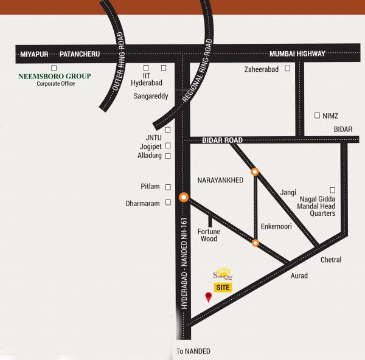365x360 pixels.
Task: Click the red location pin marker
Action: pos(209,297)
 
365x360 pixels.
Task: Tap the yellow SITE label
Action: pos(223,287)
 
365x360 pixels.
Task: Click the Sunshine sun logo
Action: pos(223,273)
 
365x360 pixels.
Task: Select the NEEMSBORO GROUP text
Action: pos(55,76)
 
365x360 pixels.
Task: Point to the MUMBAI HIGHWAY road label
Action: pos(297,54)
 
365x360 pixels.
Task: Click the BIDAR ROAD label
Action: pos(223,140)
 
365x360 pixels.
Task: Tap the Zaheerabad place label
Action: pos(262,69)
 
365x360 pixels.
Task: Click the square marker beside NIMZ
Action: pos(317,115)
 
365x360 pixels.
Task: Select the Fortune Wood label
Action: pos(209,235)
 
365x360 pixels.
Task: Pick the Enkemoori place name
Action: pos(276,226)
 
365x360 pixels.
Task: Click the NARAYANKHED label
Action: pos(220,181)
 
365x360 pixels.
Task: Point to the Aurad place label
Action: pos(299,276)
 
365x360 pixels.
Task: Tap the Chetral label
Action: pos(331,260)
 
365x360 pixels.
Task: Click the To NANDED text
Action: pos(193,351)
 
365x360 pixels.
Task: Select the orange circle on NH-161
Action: pos(183,197)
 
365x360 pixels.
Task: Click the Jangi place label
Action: pos(288,193)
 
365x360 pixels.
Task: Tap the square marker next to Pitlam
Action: pos(169,187)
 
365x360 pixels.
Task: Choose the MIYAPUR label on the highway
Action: pos(33,54)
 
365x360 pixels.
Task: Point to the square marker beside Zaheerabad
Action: pos(287,69)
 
